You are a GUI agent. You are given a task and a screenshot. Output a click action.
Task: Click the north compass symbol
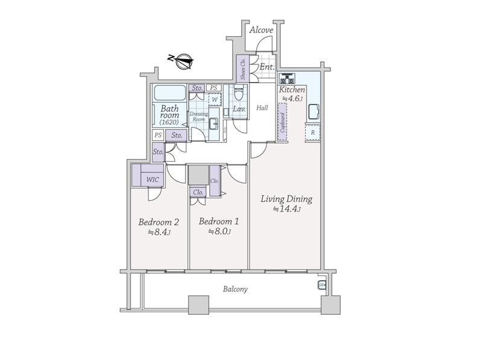(183, 62)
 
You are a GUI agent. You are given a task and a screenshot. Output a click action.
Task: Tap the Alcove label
(261, 30)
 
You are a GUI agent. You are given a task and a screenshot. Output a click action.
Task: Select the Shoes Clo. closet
(243, 68)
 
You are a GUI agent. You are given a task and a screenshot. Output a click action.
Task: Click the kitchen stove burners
(287, 78)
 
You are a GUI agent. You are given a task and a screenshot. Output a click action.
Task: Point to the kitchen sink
(313, 112)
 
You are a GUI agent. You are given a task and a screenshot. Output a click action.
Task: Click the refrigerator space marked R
(313, 133)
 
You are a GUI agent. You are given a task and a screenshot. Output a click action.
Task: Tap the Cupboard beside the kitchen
(282, 122)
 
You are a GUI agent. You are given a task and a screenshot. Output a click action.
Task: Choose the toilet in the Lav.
(239, 92)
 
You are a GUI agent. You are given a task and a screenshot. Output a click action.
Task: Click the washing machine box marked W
(215, 99)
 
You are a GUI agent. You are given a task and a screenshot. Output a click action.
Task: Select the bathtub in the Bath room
(170, 92)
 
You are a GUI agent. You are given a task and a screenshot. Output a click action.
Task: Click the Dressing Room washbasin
(214, 125)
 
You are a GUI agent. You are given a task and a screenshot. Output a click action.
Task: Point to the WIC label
(153, 180)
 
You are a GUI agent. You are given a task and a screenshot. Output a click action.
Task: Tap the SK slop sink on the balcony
(322, 285)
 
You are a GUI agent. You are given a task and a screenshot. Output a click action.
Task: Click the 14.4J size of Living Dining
(287, 209)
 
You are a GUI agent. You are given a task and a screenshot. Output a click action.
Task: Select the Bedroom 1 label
(219, 221)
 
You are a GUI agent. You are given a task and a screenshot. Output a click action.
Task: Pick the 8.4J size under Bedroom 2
(159, 232)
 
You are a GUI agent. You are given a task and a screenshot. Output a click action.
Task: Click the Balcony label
(235, 289)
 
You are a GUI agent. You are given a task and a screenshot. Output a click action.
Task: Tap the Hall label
(262, 108)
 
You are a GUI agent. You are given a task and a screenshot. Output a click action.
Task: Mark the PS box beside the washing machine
(214, 88)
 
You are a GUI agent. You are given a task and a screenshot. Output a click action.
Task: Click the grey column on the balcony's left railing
(198, 305)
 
